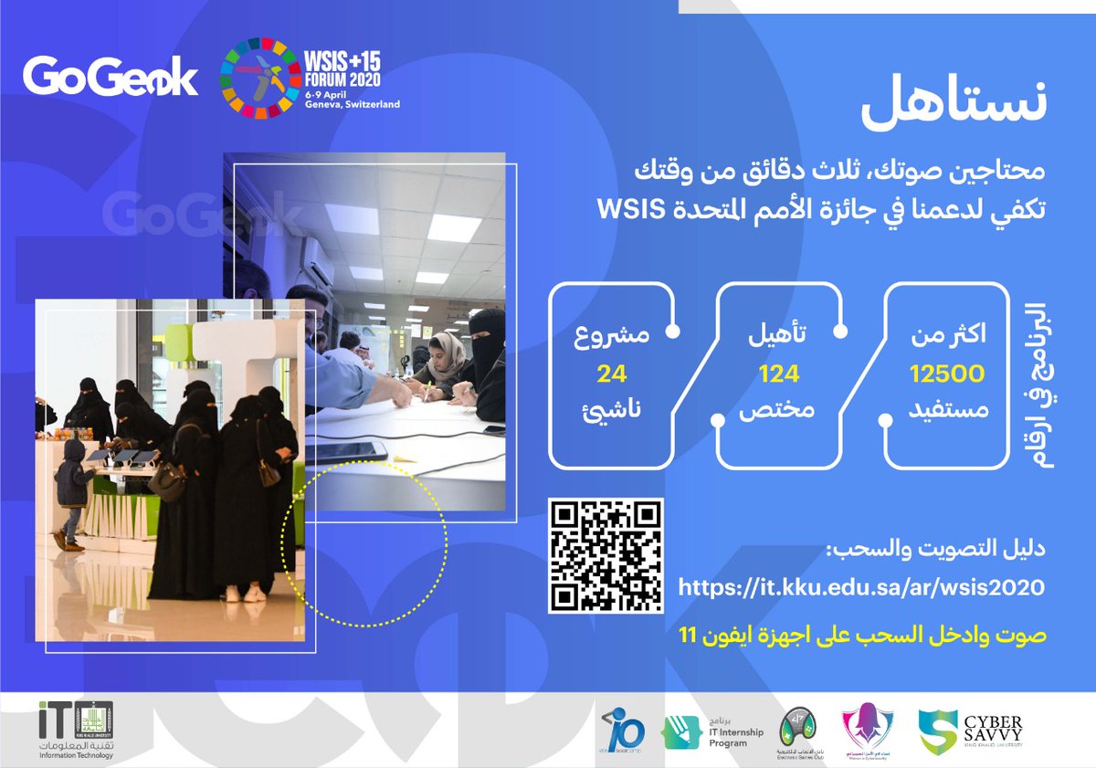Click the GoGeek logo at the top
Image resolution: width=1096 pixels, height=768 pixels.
(x=110, y=77)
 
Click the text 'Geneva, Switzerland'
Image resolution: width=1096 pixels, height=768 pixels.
(x=353, y=105)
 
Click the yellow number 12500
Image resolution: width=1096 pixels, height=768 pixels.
(x=947, y=373)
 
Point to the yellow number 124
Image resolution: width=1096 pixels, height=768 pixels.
(x=778, y=373)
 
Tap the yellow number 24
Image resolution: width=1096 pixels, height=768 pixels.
(x=609, y=373)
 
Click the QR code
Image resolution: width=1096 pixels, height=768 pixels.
(x=606, y=555)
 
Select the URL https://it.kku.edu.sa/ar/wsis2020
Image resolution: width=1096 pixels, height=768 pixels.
(x=861, y=587)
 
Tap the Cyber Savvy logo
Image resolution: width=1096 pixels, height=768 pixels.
(x=971, y=731)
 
